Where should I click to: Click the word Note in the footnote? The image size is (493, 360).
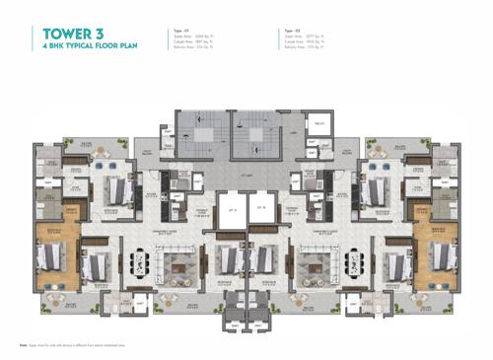coord(22,344)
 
